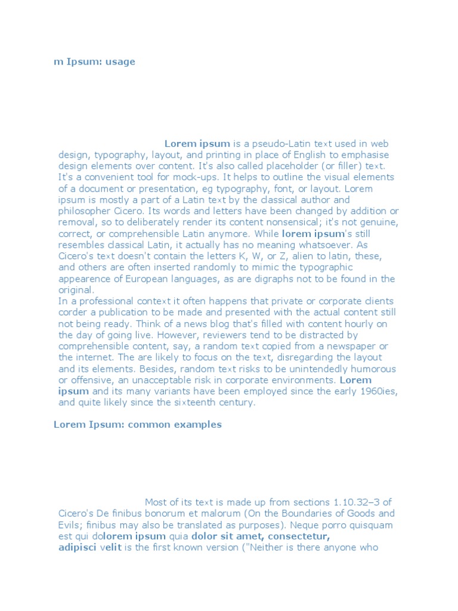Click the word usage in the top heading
click(x=120, y=62)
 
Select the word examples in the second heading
click(x=197, y=425)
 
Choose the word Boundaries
click(x=311, y=513)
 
